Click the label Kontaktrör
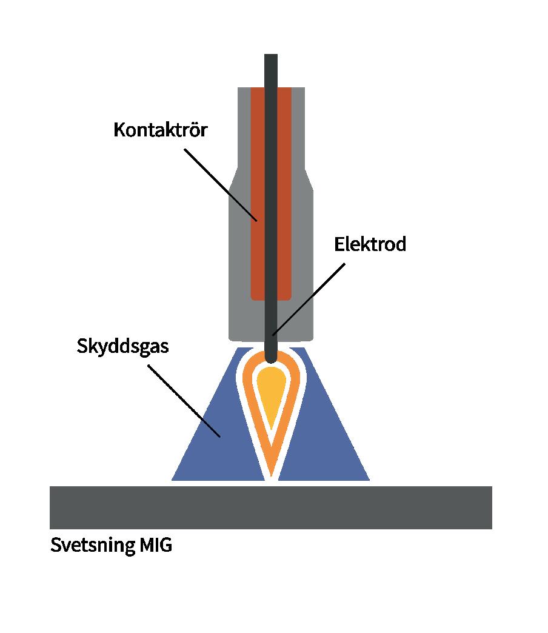click(x=160, y=130)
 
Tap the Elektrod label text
click(x=370, y=244)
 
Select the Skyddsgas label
click(x=122, y=347)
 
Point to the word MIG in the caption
click(x=156, y=545)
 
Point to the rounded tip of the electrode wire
click(x=271, y=358)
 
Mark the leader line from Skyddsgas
click(x=185, y=400)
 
